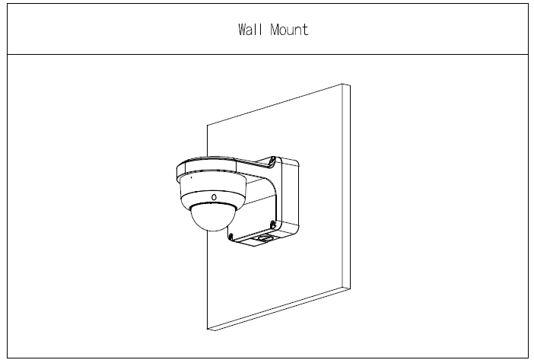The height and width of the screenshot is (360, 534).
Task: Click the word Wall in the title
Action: coord(250,30)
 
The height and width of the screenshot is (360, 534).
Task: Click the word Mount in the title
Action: coord(290,30)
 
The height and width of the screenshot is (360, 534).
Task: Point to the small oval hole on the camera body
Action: coord(214,197)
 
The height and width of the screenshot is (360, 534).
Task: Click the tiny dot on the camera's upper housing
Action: coord(191,177)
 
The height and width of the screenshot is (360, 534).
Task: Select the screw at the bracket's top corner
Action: coord(272,160)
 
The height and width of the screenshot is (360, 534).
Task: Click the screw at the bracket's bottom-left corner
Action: coord(230,237)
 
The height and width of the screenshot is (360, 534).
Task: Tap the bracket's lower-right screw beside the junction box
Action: coord(272,224)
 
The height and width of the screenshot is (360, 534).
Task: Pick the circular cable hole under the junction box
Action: coord(264,238)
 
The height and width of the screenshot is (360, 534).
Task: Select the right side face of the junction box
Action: coord(290,194)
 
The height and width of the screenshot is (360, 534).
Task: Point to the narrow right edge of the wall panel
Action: coord(346,186)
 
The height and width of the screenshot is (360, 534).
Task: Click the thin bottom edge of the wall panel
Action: coord(279,309)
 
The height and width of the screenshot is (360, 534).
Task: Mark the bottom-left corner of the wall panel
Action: coord(208,329)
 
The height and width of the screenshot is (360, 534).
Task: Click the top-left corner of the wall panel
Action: coord(208,125)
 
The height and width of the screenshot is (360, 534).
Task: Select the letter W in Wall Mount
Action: coord(243,30)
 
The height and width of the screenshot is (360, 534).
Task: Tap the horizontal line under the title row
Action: coord(268,54)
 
